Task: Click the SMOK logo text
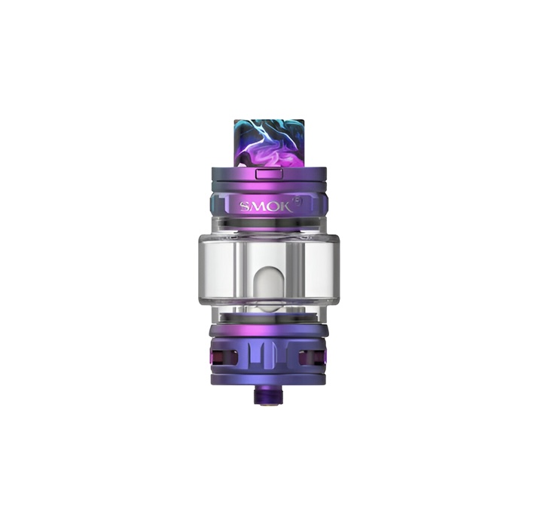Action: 266,207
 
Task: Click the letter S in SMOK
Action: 246,207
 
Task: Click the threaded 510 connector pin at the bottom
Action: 266,397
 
